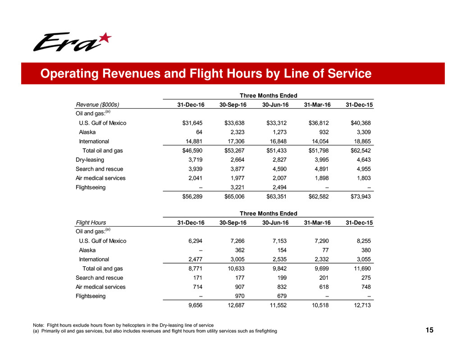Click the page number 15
tap(429, 331)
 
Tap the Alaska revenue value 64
tap(201, 132)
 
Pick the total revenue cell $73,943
tap(365, 196)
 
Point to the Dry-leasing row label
tap(90, 159)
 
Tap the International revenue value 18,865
tap(366, 141)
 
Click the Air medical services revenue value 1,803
tap(368, 178)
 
